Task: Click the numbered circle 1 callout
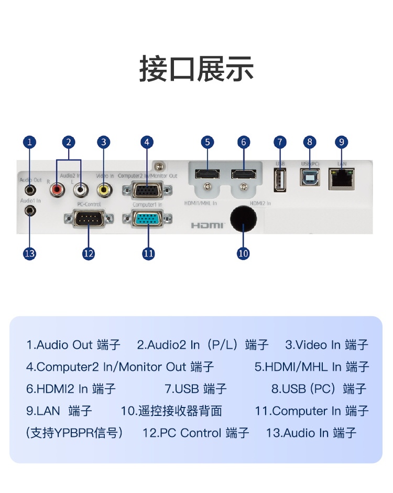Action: click(30, 142)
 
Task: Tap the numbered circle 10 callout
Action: click(243, 253)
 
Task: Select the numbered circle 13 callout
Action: click(30, 253)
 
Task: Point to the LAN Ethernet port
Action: click(341, 179)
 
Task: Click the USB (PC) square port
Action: click(310, 178)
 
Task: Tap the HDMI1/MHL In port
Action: click(208, 174)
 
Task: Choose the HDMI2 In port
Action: click(243, 174)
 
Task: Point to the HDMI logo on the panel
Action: click(207, 226)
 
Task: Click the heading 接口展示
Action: click(196, 69)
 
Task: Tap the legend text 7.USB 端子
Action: click(195, 389)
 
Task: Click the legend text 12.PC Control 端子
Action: click(195, 433)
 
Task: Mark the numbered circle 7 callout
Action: click(280, 142)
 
